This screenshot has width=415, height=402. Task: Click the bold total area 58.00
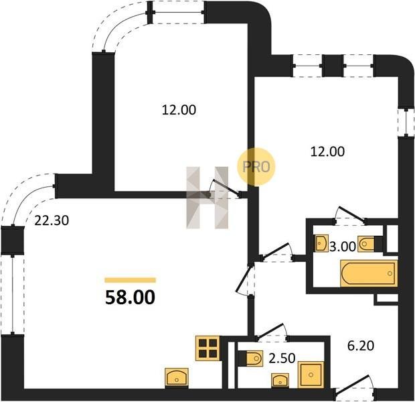130,297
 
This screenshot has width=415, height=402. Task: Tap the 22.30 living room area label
52,220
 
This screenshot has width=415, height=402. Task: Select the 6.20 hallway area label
361,346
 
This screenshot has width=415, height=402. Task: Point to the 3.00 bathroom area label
343,247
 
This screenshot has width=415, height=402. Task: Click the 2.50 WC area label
282,358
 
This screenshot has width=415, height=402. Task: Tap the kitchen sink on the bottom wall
177,378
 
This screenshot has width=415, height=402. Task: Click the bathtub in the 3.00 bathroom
369,273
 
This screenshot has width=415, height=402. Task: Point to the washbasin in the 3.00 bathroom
322,243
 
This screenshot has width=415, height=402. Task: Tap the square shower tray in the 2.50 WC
311,375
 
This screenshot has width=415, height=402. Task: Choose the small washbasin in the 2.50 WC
280,381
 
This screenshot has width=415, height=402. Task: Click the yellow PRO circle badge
256,167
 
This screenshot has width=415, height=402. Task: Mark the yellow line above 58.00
131,280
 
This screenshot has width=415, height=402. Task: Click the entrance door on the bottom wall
355,389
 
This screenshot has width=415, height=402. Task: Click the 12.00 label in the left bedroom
179,110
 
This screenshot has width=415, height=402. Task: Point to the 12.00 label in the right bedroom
327,152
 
